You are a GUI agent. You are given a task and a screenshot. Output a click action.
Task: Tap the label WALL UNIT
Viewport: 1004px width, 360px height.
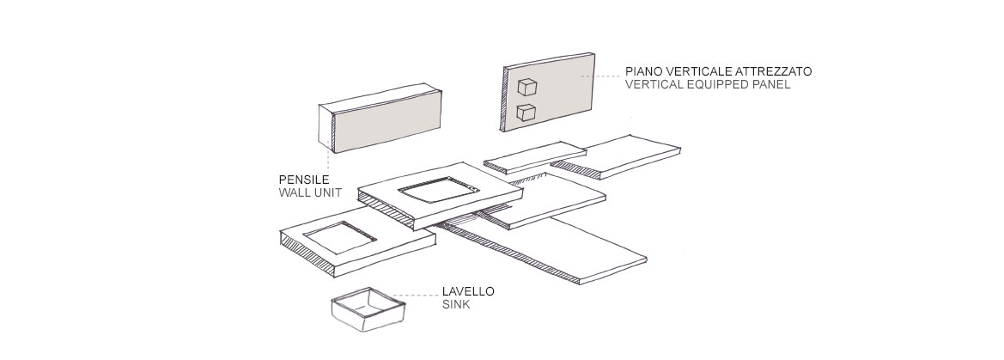pyautogui.click(x=309, y=192)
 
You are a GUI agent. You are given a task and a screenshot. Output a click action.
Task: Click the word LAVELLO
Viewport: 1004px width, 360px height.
pyautogui.click(x=468, y=291)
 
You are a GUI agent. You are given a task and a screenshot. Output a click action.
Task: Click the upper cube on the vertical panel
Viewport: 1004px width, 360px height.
pyautogui.click(x=526, y=86)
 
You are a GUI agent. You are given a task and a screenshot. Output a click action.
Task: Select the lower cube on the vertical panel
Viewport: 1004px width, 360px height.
pyautogui.click(x=526, y=112)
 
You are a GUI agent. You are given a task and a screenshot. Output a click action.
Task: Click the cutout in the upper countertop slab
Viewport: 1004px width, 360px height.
pyautogui.click(x=439, y=192)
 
